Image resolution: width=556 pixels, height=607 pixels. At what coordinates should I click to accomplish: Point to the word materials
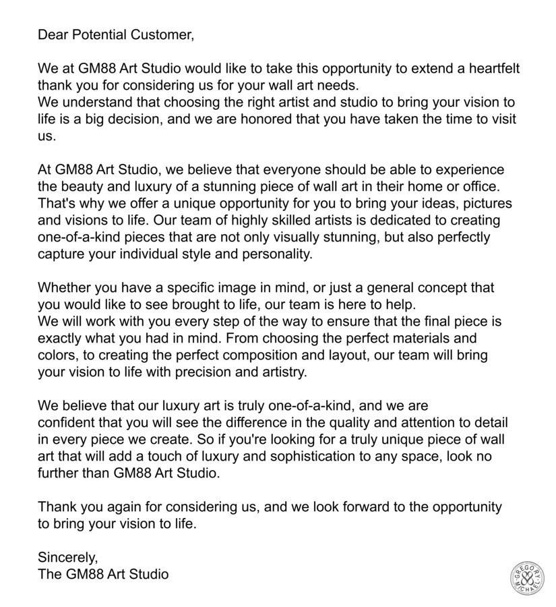(437, 338)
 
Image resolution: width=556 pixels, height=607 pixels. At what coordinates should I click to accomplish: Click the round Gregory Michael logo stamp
(527, 578)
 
